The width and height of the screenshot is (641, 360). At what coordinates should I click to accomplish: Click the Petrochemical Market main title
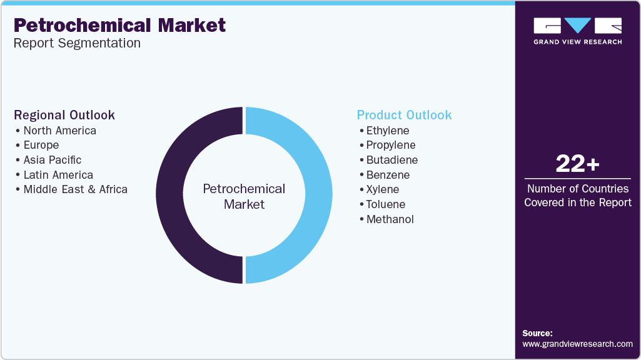pos(119,25)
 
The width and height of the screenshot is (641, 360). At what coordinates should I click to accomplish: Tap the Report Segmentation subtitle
pos(77,43)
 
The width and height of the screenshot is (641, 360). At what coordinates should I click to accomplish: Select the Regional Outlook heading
pos(64,115)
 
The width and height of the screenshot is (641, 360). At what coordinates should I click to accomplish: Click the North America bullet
pos(59,131)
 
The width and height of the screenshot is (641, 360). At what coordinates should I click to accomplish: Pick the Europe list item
pos(41,145)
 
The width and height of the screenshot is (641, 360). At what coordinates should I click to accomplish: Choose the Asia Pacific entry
pos(53,160)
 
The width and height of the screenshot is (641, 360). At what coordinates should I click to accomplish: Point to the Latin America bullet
pos(58,175)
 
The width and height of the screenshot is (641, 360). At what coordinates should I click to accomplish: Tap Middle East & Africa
pos(75,189)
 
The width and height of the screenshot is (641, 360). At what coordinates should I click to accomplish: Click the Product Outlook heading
pos(404,115)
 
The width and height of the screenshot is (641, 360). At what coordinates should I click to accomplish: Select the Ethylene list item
pos(388,131)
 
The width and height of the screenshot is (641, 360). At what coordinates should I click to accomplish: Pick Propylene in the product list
pos(391,145)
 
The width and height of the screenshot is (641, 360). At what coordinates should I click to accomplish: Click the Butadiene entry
pos(392,160)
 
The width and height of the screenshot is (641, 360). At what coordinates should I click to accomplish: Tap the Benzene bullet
pos(388,175)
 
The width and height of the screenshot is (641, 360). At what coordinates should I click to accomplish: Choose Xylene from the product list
pos(383,189)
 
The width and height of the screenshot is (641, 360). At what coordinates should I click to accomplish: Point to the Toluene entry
pos(386,204)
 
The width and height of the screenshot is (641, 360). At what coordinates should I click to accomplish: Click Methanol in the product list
pos(390,219)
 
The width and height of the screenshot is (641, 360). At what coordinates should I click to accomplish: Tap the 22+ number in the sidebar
pos(577,164)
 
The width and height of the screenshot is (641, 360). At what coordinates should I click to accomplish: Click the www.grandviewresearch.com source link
pos(577,344)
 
